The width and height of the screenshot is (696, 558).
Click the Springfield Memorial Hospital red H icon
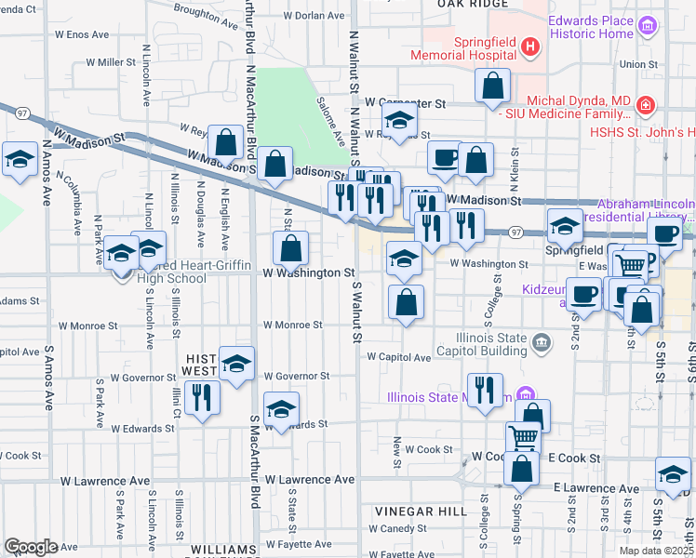[529, 46]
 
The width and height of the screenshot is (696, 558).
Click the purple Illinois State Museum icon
[525, 395]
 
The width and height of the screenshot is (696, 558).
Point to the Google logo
[31, 547]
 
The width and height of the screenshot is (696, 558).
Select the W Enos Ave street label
[82, 34]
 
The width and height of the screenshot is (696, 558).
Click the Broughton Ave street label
[207, 12]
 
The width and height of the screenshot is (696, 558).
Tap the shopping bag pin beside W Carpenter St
[493, 86]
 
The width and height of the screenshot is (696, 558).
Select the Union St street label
[639, 64]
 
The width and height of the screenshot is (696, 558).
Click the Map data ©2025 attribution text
[658, 550]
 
